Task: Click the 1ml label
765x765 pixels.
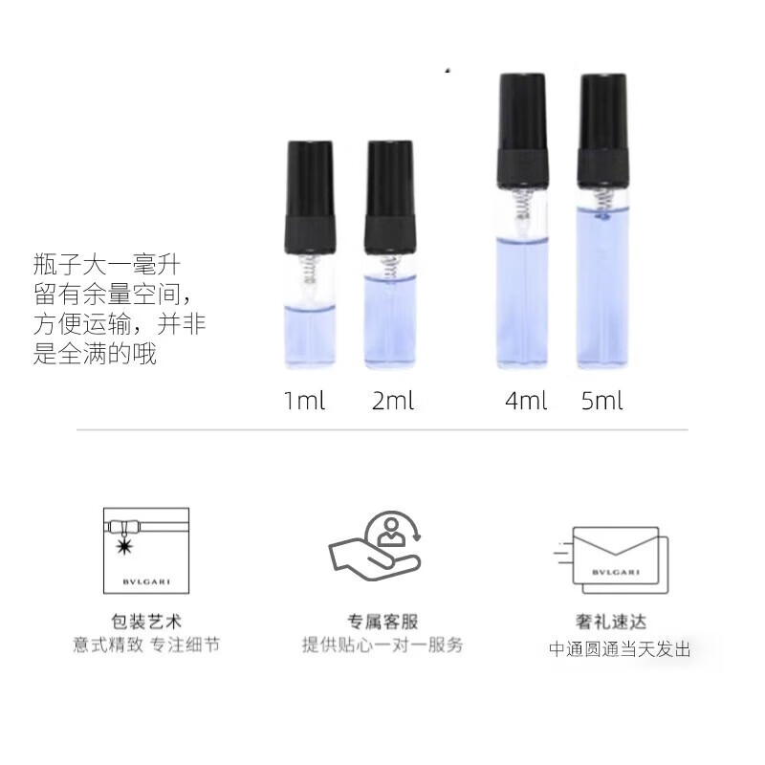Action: pyautogui.click(x=305, y=401)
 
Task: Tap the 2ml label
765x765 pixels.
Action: pyautogui.click(x=393, y=401)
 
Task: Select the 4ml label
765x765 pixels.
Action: pyautogui.click(x=526, y=401)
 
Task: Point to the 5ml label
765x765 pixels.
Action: pyautogui.click(x=601, y=401)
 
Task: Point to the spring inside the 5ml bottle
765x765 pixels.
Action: pyautogui.click(x=603, y=203)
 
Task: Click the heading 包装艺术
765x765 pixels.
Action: pyautogui.click(x=146, y=622)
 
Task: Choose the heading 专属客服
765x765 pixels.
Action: pyautogui.click(x=382, y=622)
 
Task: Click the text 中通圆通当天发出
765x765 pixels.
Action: pyautogui.click(x=619, y=650)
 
